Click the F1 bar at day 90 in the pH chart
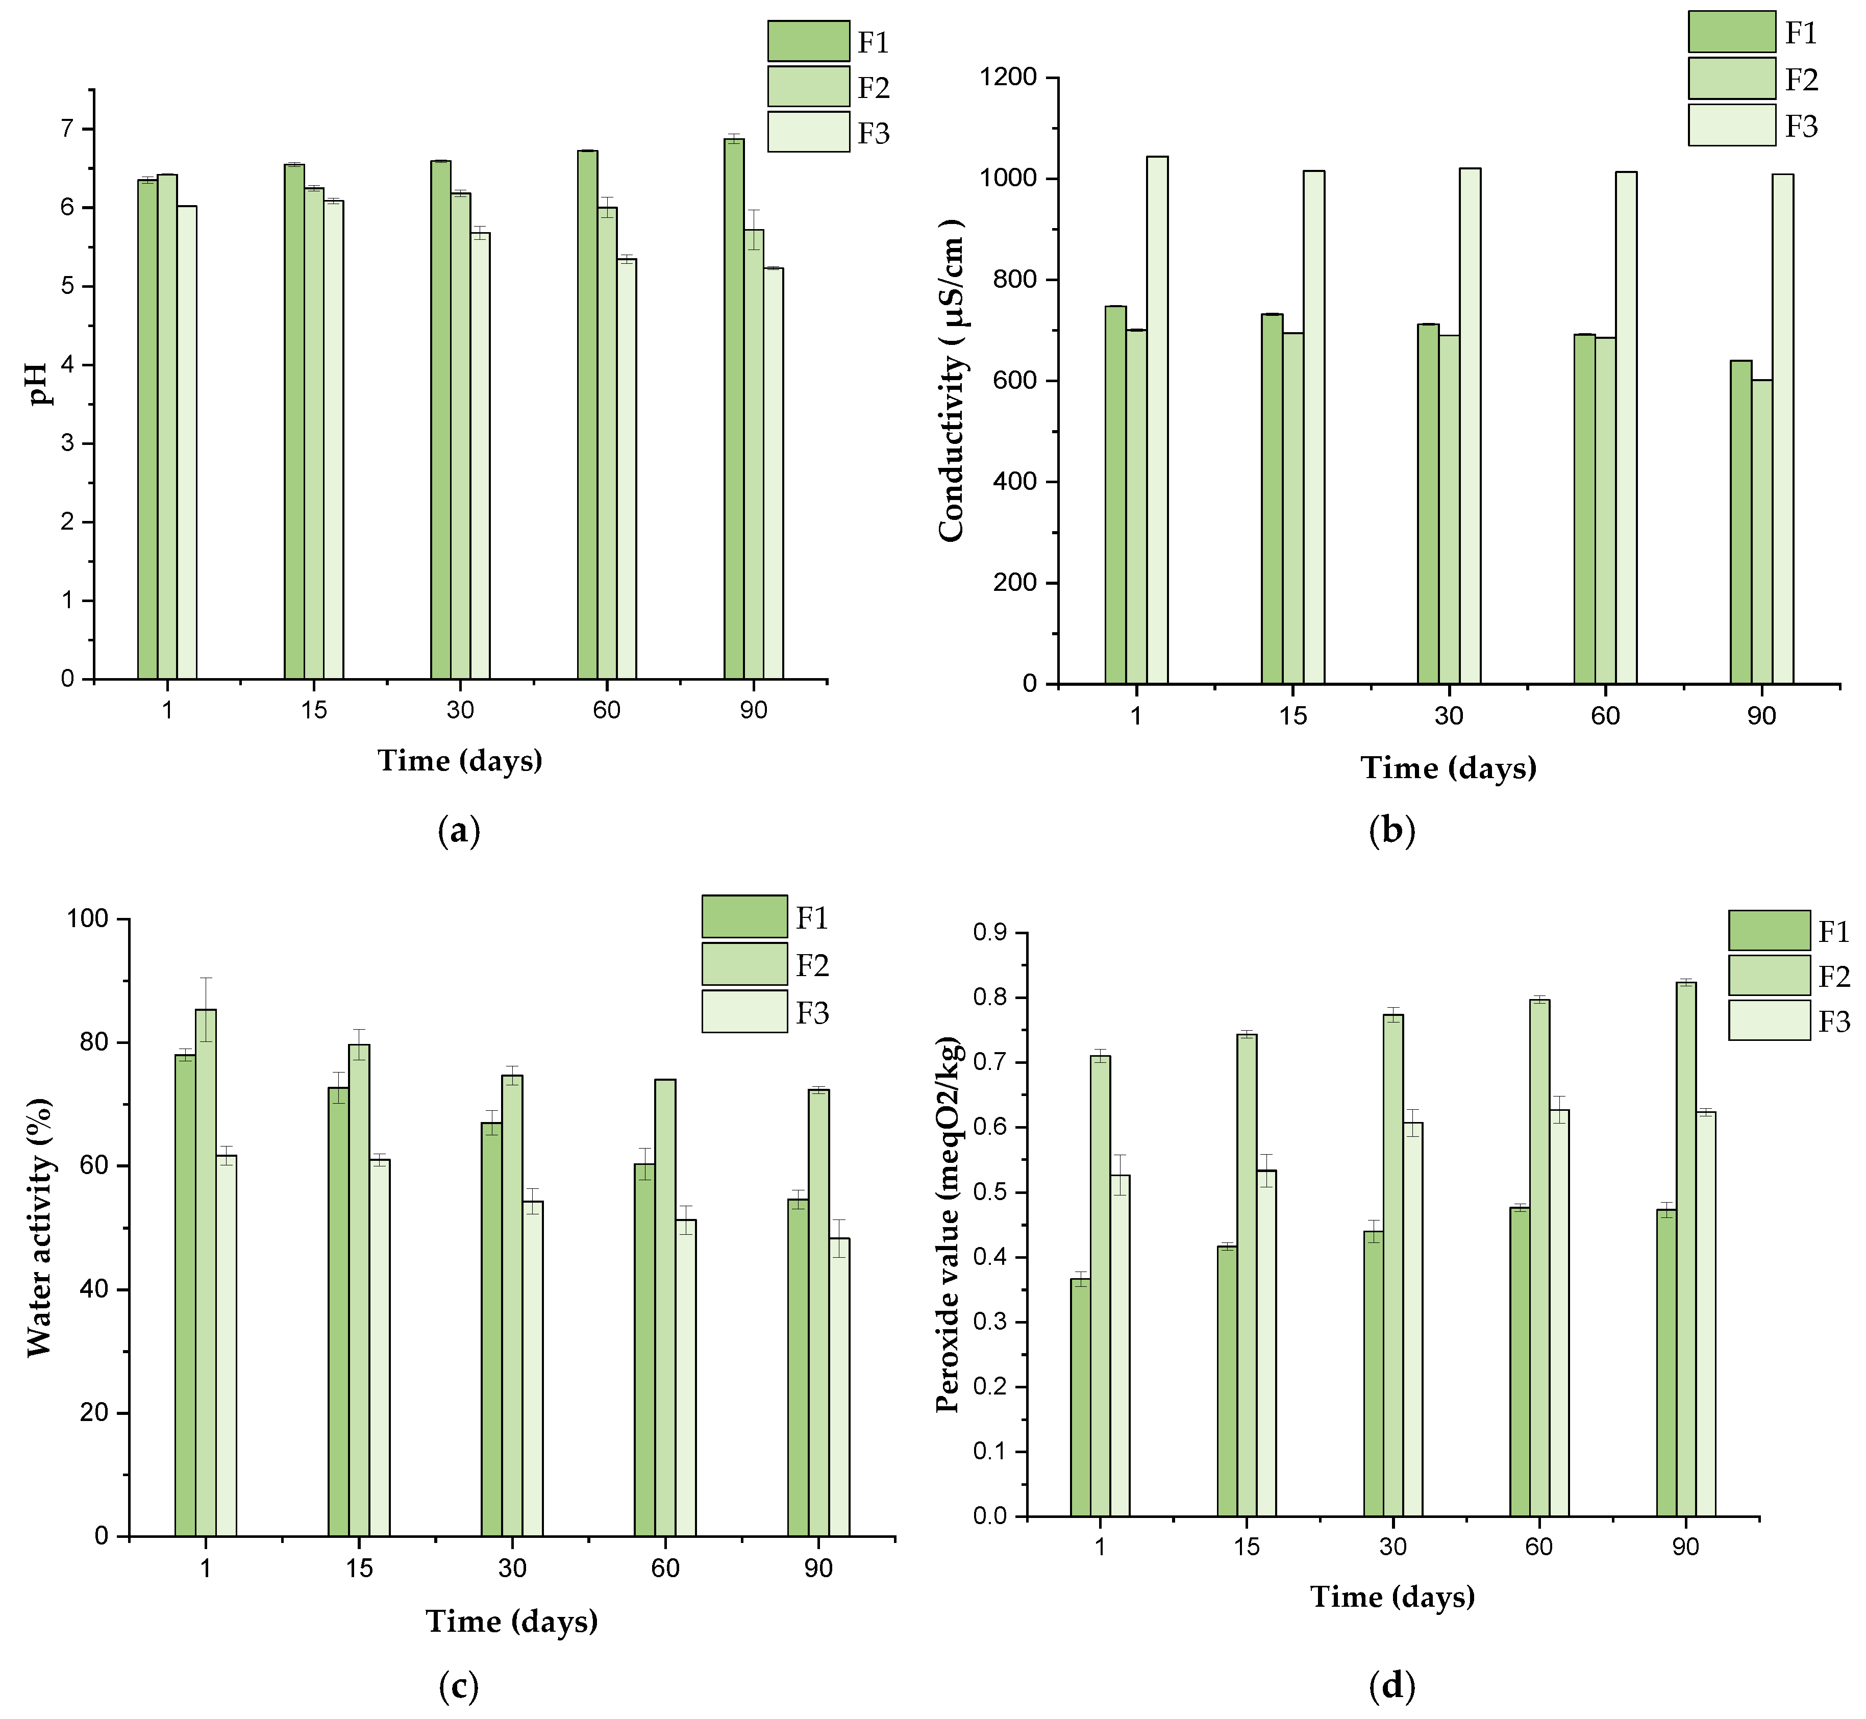pyautogui.click(x=734, y=409)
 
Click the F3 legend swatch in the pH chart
pyautogui.click(x=808, y=132)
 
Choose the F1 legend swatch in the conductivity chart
pyautogui.click(x=1732, y=33)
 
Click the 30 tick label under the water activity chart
pyautogui.click(x=512, y=1568)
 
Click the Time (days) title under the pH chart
pyautogui.click(x=460, y=761)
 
